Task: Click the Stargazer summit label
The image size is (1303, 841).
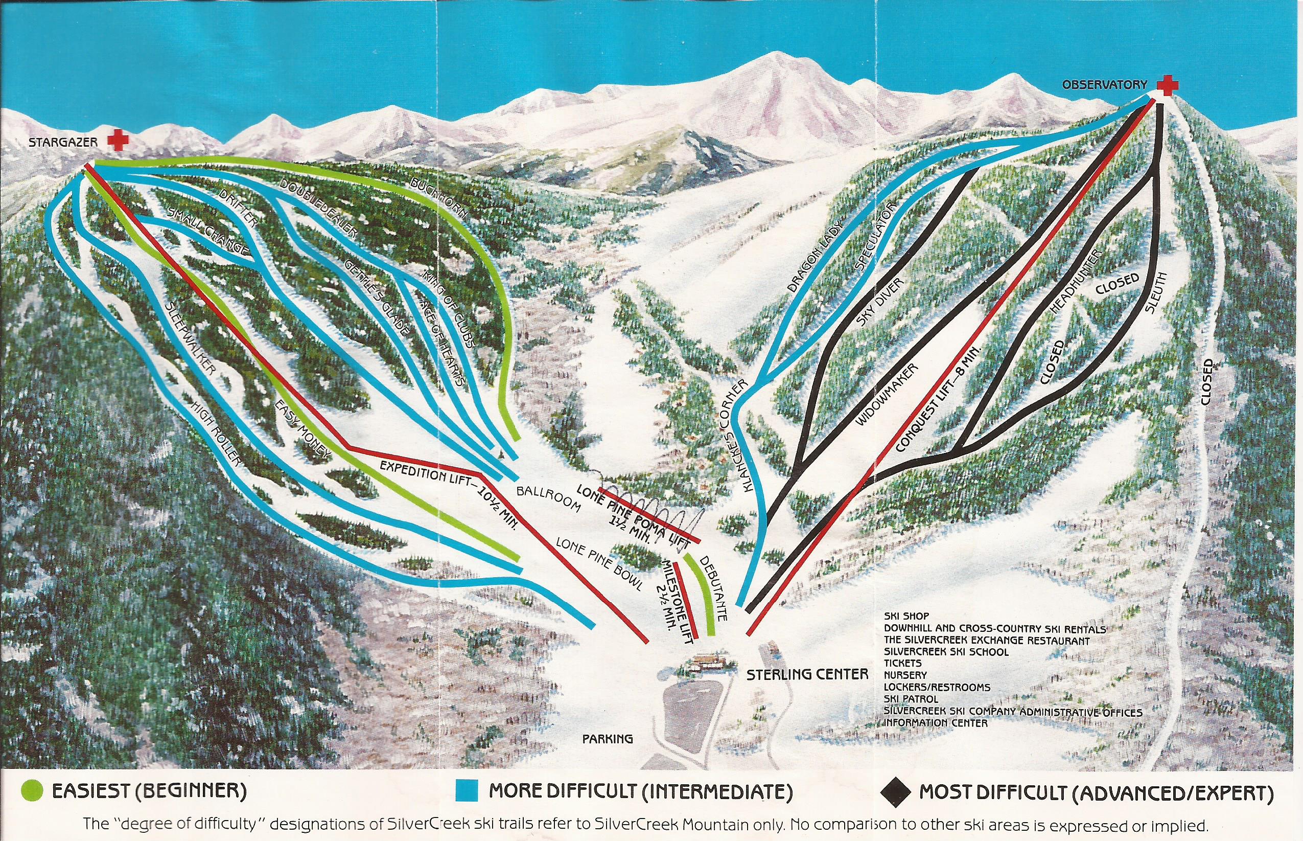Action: pyautogui.click(x=63, y=143)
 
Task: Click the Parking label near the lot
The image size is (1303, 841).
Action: pyautogui.click(x=608, y=739)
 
